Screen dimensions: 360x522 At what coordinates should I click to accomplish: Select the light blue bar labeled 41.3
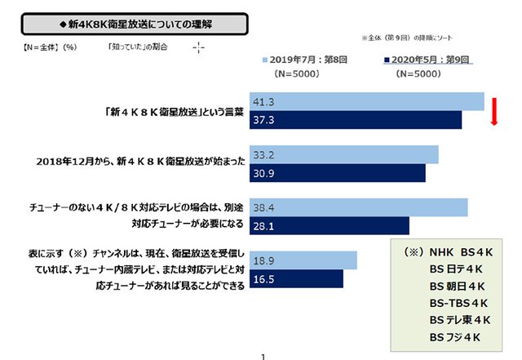point(366,102)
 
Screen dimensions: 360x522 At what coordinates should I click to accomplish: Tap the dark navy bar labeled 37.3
point(355,121)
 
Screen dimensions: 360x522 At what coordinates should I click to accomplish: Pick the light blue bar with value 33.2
point(343,154)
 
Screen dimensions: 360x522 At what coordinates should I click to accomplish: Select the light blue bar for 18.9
point(302,260)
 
